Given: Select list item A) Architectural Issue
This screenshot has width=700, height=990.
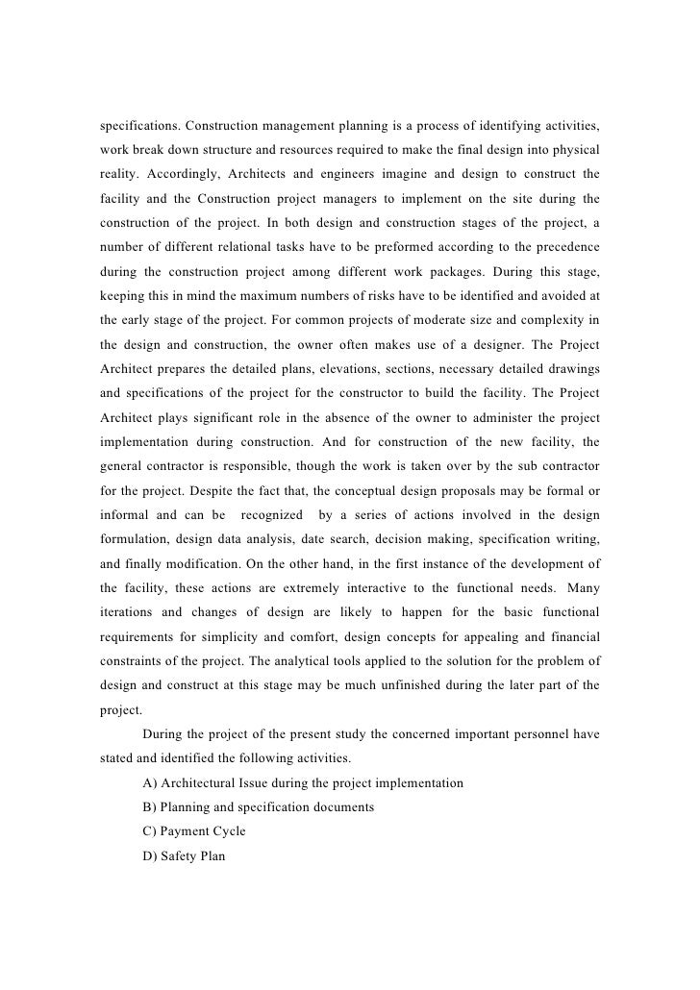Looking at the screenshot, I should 302,783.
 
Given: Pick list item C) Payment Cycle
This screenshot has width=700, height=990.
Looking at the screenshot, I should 193,830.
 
